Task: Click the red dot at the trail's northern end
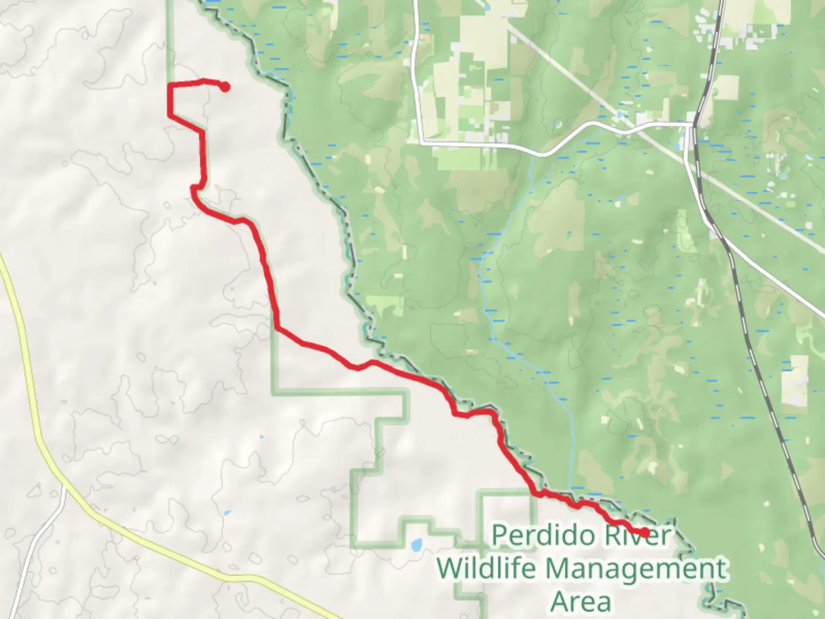[225, 87]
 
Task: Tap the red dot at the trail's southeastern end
[645, 533]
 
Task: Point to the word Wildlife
[486, 569]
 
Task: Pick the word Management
[636, 569]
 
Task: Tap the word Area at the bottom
[580, 602]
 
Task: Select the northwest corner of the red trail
[170, 85]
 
